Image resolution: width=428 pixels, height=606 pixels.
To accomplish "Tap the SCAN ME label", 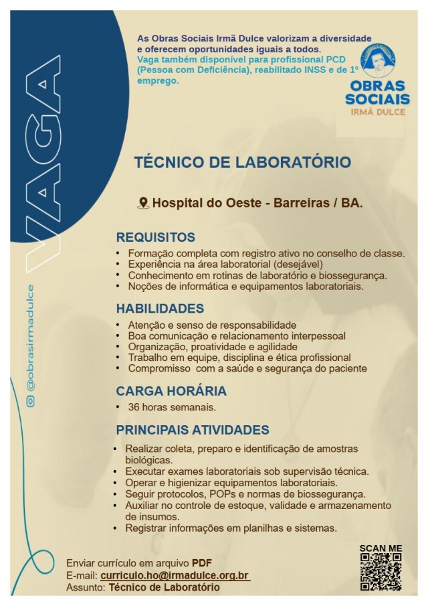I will pyautogui.click(x=381, y=548).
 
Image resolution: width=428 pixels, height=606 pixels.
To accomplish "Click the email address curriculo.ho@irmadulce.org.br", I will pyautogui.click(x=175, y=575).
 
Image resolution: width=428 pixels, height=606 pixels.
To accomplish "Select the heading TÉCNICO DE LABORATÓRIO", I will pyautogui.click(x=242, y=163).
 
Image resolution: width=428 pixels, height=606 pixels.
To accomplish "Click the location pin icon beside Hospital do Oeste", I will pyautogui.click(x=142, y=202).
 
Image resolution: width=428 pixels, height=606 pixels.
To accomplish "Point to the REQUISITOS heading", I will pyautogui.click(x=156, y=238).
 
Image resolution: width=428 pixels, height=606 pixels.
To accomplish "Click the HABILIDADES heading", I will pyautogui.click(x=160, y=309).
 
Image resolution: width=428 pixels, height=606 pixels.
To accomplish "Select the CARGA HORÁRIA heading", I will pyautogui.click(x=171, y=391).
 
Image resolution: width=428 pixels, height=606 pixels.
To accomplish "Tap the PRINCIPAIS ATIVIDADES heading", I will pyautogui.click(x=193, y=430).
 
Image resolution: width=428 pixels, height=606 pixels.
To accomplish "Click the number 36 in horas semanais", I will pyautogui.click(x=134, y=406).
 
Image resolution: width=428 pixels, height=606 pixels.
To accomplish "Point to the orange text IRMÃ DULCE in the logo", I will pyautogui.click(x=378, y=111).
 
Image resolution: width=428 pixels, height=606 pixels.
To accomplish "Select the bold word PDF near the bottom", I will pyautogui.click(x=202, y=562).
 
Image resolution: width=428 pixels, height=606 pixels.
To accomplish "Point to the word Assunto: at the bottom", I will pyautogui.click(x=86, y=587).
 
